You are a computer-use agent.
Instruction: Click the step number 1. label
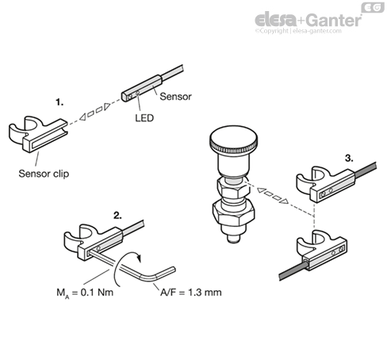pos(59,102)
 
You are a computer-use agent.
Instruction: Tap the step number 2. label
pos(118,216)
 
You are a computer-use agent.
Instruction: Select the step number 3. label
pos(349,159)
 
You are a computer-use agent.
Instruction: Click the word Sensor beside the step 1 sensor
pos(175,97)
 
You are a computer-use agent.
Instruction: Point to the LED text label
pos(144,118)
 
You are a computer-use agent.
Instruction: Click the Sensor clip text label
pos(44,174)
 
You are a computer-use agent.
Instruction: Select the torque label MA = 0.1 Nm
pos(85,293)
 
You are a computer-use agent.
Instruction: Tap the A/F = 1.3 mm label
pos(191,293)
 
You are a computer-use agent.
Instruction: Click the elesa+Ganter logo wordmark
pos(308,20)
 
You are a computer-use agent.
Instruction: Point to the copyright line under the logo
pos(298,31)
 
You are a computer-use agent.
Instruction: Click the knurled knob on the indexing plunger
pos(233,140)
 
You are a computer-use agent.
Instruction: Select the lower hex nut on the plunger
pos(234,213)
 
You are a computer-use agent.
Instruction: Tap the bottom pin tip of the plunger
pos(234,239)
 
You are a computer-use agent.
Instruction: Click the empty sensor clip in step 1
pos(39,134)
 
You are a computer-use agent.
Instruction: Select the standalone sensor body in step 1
pos(142,88)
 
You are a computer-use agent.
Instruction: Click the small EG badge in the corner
pos(373,7)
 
